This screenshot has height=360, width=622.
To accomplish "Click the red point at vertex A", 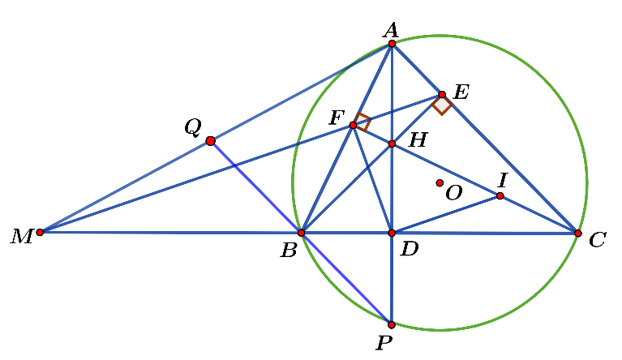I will pyautogui.click(x=392, y=44).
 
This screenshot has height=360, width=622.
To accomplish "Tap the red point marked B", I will pyautogui.click(x=301, y=233).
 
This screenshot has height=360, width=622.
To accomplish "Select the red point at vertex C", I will pyautogui.click(x=577, y=234).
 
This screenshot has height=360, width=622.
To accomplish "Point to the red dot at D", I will pyautogui.click(x=392, y=233).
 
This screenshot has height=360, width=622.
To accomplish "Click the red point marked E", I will pyautogui.click(x=442, y=95).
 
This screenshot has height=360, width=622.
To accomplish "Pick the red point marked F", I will pyautogui.click(x=353, y=125).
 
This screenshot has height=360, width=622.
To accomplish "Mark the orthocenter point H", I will pyautogui.click(x=392, y=144).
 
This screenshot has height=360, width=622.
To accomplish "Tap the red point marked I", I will pyautogui.click(x=500, y=196).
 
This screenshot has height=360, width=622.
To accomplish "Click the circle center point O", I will pyautogui.click(x=440, y=183).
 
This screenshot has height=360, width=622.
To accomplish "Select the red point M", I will pyautogui.click(x=40, y=232).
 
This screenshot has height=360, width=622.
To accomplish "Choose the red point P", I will pyautogui.click(x=392, y=324).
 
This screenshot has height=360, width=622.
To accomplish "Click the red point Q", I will pyautogui.click(x=211, y=141).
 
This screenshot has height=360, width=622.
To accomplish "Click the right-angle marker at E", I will pyautogui.click(x=442, y=105).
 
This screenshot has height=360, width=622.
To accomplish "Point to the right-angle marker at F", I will pyautogui.click(x=362, y=122).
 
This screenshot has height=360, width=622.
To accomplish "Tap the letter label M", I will pyautogui.click(x=19, y=238).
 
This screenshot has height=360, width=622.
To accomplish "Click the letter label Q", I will pyautogui.click(x=192, y=127).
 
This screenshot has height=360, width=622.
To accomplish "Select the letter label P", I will pyautogui.click(x=384, y=344).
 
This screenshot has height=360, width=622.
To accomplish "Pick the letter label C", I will pyautogui.click(x=598, y=241).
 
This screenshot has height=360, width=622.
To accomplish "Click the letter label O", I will pyautogui.click(x=453, y=193).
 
